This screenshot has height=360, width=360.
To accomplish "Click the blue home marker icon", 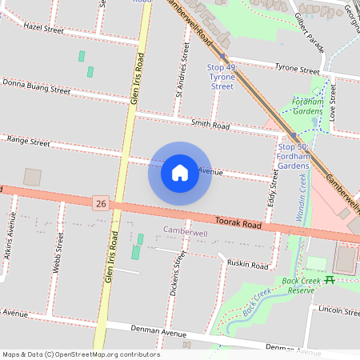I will [x=180, y=172].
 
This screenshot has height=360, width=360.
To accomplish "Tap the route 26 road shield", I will [x=100, y=205].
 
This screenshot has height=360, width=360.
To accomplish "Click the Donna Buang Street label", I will [x=36, y=86].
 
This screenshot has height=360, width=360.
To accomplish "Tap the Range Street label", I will [x=28, y=141].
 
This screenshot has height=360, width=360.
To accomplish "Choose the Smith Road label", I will [x=210, y=125].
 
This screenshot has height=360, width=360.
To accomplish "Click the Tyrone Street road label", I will [x=297, y=69].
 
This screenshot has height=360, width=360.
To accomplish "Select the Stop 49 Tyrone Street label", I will [x=221, y=78].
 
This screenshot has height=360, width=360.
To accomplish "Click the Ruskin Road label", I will [x=247, y=264].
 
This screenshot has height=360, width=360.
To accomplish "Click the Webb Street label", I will [x=57, y=255].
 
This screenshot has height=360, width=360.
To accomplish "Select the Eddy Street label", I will [x=274, y=188].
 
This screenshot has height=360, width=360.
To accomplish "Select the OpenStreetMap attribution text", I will [x=80, y=354].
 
